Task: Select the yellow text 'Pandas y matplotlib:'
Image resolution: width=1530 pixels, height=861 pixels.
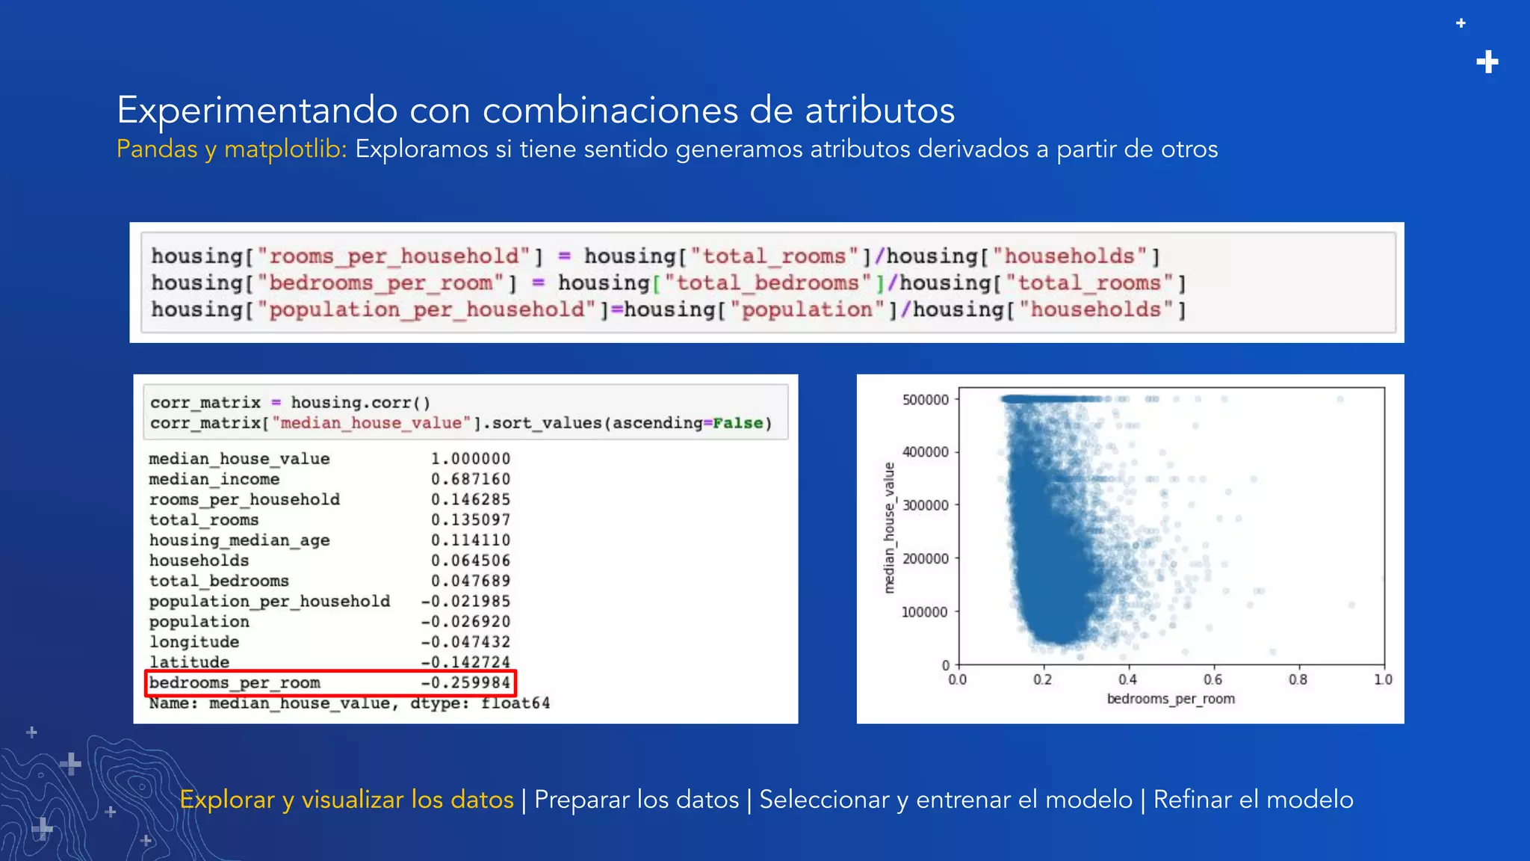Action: click(x=232, y=149)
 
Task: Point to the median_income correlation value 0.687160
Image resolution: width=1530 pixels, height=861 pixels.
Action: click(x=470, y=479)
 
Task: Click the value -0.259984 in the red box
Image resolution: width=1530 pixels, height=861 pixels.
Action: click(x=465, y=682)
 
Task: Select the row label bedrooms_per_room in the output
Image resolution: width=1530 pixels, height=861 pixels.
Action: click(x=235, y=682)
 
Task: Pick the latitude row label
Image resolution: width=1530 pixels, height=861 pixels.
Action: click(x=189, y=662)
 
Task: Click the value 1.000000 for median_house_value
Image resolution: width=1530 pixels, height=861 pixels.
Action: click(x=470, y=459)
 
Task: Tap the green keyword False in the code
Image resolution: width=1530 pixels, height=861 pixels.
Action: click(x=737, y=423)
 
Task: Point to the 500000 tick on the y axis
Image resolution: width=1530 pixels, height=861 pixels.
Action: click(x=925, y=400)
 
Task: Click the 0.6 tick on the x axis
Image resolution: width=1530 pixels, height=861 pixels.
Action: click(x=1212, y=679)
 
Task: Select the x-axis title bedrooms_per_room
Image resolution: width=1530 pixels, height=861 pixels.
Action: click(x=1171, y=699)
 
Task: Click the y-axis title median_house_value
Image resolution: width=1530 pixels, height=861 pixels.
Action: click(x=889, y=528)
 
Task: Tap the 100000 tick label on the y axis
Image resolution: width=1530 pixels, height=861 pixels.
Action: click(x=925, y=612)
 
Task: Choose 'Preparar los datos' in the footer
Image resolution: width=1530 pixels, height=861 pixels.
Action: click(x=637, y=800)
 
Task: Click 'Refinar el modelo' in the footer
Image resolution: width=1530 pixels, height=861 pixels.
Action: click(x=1253, y=800)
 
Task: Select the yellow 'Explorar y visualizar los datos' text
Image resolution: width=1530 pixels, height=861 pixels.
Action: click(x=347, y=800)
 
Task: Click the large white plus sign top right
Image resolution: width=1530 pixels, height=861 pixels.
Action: click(x=1487, y=62)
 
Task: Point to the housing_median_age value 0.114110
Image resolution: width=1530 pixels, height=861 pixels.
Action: click(x=470, y=540)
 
